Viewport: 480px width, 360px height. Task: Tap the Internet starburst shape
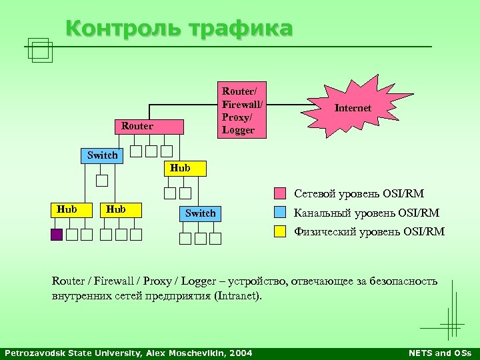point(353,107)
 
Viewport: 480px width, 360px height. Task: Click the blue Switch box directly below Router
point(102,155)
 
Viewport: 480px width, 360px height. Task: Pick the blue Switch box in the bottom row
point(200,213)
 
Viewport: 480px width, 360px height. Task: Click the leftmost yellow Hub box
point(67,209)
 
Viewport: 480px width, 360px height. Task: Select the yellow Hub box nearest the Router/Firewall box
point(180,168)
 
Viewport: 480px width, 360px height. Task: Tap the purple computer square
point(57,234)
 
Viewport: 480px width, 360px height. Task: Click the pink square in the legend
point(281,194)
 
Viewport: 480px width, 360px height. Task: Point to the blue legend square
point(281,213)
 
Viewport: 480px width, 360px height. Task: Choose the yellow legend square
point(281,232)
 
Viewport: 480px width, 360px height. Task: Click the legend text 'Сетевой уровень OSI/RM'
point(359,194)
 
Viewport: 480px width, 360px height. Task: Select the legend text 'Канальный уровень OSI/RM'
point(367,213)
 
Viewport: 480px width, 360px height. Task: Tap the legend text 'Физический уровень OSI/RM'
point(369,232)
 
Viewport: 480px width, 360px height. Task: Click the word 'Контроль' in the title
point(123,29)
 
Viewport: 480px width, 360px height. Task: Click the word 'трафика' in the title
point(241,29)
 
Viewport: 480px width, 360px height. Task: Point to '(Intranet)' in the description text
point(237,296)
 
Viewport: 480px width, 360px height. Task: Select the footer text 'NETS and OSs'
point(439,353)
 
